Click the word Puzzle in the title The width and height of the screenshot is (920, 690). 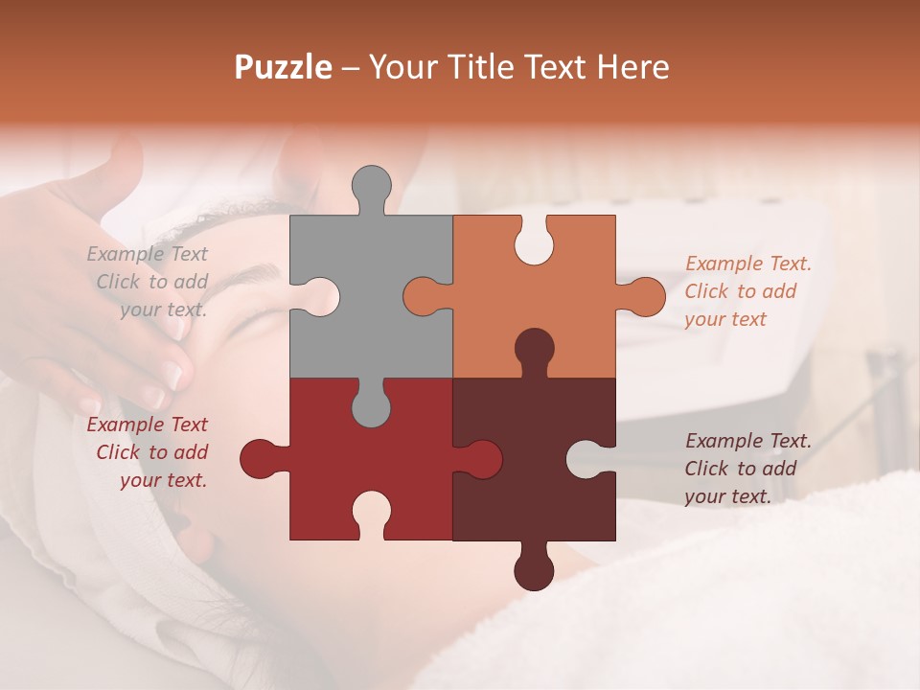point(283,67)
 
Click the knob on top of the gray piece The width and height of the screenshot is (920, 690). point(371,188)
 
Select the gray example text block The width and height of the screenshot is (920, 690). point(149,282)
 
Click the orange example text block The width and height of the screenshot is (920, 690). point(747,291)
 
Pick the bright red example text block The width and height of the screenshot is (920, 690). point(149,452)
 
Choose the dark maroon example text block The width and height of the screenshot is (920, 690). point(747,469)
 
